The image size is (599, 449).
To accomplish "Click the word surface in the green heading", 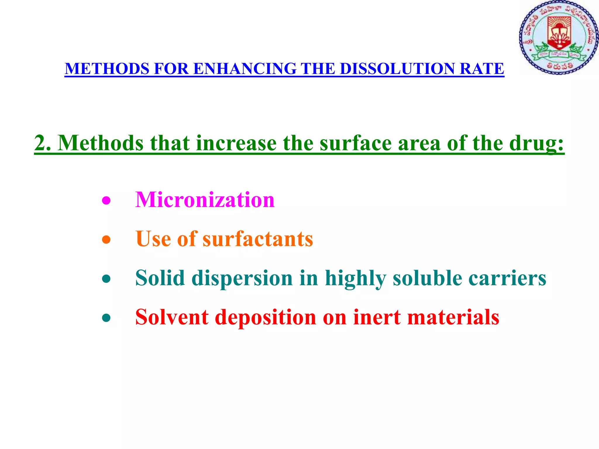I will click(355, 143).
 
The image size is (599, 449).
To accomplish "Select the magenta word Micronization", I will click(205, 200).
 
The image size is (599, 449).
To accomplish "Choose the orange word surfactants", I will click(258, 239).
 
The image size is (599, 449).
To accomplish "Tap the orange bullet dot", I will click(106, 240).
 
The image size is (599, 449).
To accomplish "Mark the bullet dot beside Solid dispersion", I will click(106, 279).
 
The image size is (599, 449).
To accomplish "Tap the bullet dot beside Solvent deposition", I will click(106, 318).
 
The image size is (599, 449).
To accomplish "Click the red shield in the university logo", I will click(559, 32).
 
